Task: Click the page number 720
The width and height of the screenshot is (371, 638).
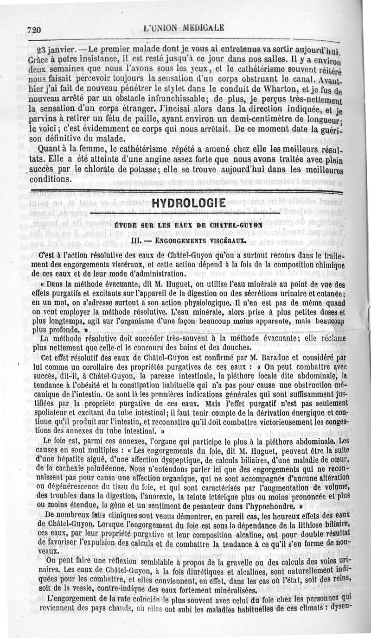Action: click(35, 29)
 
